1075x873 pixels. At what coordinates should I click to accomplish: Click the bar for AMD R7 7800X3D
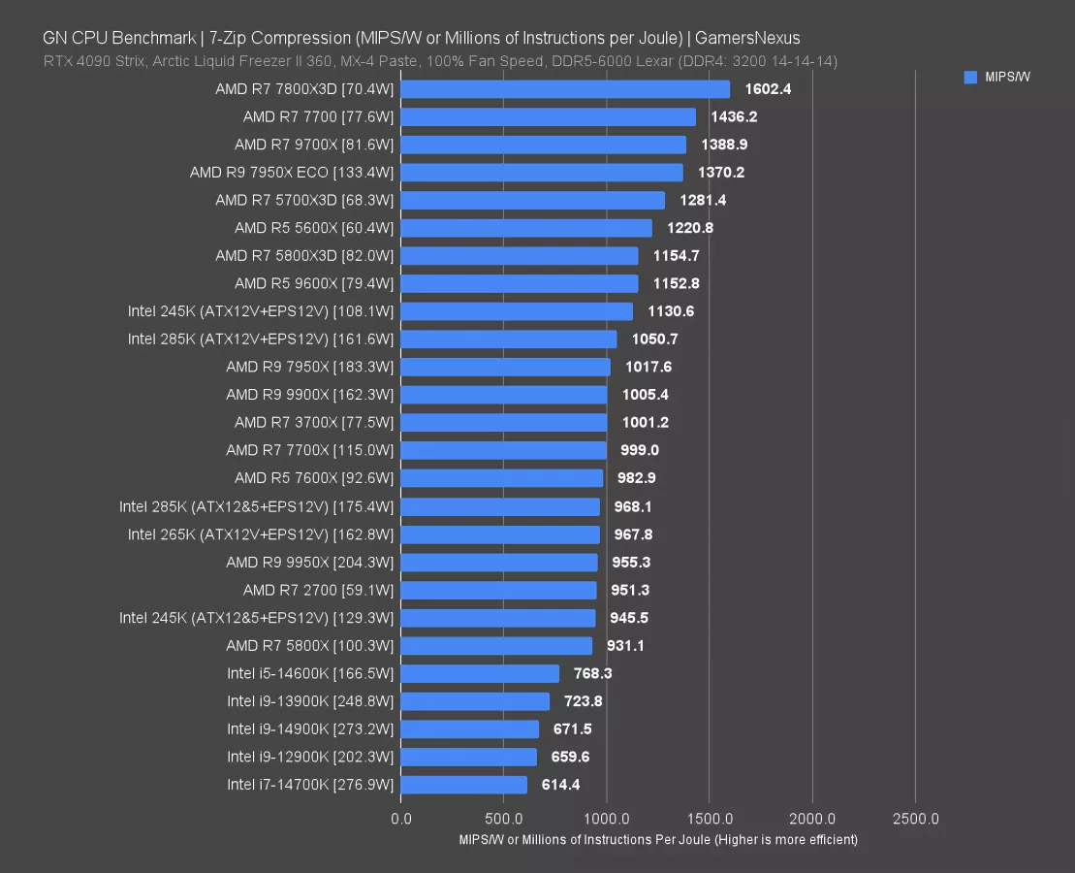565,89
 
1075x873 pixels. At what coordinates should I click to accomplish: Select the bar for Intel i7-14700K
464,785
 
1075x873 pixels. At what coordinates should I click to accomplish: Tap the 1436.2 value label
728,116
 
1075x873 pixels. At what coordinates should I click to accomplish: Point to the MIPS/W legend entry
997,78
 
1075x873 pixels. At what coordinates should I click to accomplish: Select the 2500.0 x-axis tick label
915,819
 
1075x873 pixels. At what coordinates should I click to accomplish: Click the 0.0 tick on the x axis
400,819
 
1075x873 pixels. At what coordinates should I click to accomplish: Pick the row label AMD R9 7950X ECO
292,173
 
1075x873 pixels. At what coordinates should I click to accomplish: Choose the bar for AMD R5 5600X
526,228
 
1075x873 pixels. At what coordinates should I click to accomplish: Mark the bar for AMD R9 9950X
499,563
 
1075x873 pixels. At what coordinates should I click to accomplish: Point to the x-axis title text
658,840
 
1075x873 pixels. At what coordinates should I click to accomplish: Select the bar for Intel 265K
500,534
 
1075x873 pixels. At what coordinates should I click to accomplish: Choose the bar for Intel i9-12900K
468,757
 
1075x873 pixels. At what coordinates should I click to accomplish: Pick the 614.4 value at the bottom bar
560,785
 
